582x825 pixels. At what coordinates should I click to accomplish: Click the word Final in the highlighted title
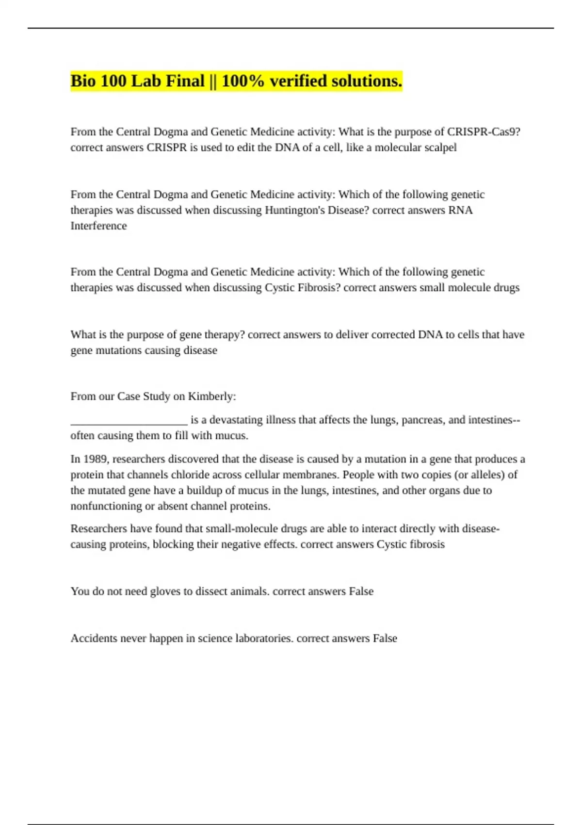coord(185,81)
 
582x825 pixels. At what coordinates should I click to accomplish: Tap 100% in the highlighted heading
coord(243,81)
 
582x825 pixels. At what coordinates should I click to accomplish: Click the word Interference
coord(98,226)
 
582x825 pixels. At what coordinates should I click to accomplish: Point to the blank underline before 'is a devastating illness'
coord(129,420)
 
